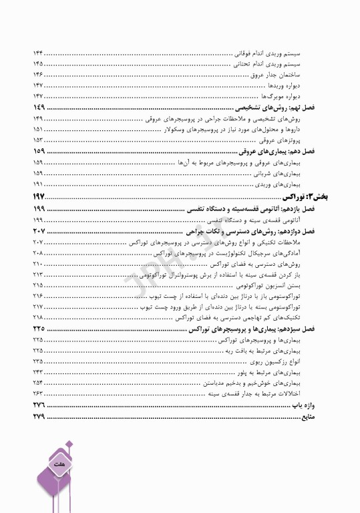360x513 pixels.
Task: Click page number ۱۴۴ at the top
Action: point(38,53)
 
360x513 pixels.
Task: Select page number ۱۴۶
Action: point(38,75)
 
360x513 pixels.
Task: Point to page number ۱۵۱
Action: point(38,130)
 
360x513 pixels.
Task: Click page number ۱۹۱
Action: point(38,184)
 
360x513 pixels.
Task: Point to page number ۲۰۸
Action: point(38,254)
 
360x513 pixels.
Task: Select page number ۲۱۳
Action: point(38,274)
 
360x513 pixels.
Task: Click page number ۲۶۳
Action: point(38,394)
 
